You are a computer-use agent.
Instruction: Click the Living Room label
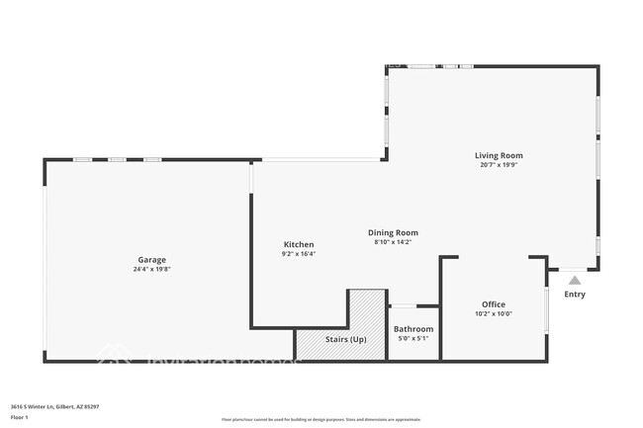tap(499, 155)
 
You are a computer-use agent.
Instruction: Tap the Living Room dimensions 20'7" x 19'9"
tap(499, 165)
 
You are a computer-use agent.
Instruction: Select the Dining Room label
tap(395, 232)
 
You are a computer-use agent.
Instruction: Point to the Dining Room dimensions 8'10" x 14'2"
tap(395, 242)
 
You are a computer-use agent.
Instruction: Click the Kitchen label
tap(298, 244)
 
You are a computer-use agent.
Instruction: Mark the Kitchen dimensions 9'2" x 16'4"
tap(298, 254)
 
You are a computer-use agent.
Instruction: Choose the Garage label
tap(151, 259)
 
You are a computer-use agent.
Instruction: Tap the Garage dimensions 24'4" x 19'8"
tap(151, 269)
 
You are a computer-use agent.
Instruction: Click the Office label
tap(494, 304)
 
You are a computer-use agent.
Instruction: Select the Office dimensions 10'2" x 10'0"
tap(494, 314)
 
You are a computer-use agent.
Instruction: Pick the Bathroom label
tap(413, 329)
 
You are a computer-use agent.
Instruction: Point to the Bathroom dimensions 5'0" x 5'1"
tap(413, 339)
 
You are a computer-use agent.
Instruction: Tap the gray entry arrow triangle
tap(575, 281)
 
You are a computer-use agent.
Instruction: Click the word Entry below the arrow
tap(575, 295)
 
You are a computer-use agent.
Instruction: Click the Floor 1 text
tap(20, 417)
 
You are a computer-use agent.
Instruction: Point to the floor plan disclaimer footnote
tap(321, 420)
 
